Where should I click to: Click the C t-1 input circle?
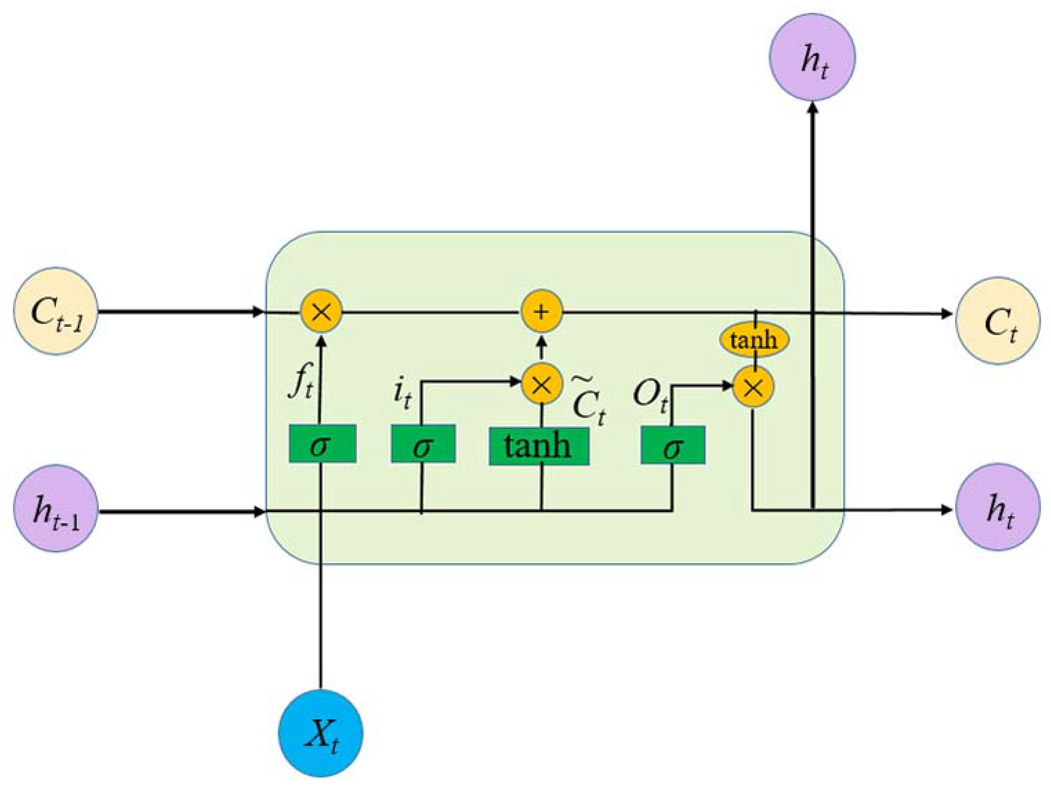56,311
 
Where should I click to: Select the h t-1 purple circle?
56,508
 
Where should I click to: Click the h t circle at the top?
812,57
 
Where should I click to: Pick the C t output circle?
998,321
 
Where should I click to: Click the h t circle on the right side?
998,507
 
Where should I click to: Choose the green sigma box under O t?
673,445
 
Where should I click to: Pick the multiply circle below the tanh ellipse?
753,387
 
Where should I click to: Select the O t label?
650,394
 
